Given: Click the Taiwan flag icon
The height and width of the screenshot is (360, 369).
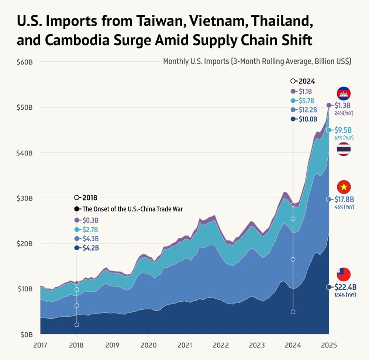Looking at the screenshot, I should coord(344,274).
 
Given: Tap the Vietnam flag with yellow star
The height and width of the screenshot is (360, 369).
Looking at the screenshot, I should coord(344,187).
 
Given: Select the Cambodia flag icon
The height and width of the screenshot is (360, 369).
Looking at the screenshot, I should coord(344,94).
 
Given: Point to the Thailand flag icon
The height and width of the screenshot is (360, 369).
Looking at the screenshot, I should coord(344,149).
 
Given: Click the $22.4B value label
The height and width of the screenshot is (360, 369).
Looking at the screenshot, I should coord(345,287).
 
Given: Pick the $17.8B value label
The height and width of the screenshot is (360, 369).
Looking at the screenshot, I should coord(344,199).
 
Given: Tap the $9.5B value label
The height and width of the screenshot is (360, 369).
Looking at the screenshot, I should coord(343,130).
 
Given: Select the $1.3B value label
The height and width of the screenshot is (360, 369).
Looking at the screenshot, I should coord(343,106).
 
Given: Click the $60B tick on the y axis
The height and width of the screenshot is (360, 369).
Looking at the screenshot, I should coord(25,62).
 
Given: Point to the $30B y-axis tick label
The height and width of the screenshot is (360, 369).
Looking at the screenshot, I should coord(25,198).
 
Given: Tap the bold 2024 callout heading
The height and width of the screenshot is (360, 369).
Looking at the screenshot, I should coord(307,81).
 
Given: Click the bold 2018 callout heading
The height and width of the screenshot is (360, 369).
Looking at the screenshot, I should coord(90,198).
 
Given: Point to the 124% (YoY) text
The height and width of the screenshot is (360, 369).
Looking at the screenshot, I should coord(345,295).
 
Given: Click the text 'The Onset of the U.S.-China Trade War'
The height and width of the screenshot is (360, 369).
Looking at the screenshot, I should coord(133,209).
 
